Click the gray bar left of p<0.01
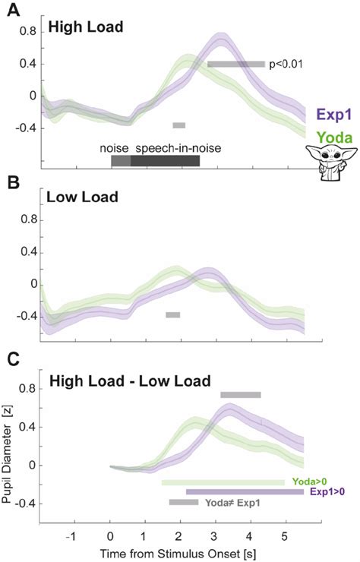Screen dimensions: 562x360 [x=235, y=65]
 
